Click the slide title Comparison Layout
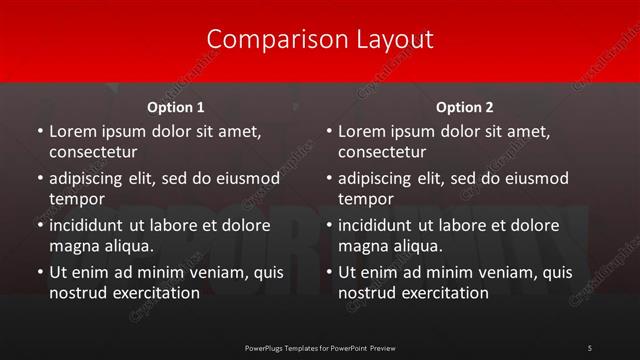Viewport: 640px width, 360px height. click(320, 39)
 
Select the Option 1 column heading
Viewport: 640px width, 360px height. click(176, 107)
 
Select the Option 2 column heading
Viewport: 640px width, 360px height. click(465, 107)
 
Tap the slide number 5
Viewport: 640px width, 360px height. click(589, 347)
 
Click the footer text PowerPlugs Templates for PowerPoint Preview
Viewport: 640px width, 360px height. click(320, 347)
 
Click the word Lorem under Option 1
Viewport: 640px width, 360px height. click(73, 131)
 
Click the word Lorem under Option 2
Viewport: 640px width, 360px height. click(362, 131)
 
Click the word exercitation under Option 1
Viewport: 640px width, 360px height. click(153, 293)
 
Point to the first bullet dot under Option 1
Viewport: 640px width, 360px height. click(40, 132)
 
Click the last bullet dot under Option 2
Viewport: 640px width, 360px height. click(329, 273)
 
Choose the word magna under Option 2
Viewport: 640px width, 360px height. click(362, 246)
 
